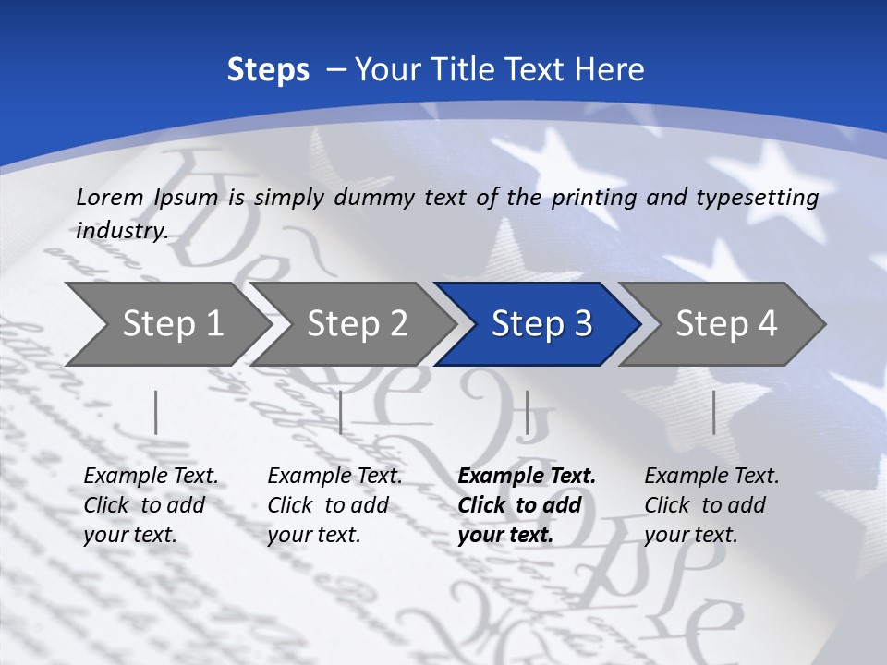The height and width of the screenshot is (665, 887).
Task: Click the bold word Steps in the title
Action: (268, 70)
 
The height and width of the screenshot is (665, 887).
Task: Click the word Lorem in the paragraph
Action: (110, 198)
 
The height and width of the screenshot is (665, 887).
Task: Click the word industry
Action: (122, 231)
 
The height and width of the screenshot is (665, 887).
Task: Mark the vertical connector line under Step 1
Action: (156, 412)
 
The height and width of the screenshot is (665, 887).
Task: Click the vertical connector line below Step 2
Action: (341, 412)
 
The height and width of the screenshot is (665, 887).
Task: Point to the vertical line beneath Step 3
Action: (527, 412)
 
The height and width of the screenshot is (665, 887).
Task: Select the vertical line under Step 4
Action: (713, 412)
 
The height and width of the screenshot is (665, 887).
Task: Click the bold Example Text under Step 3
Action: (527, 477)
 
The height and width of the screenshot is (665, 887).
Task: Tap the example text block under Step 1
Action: (151, 505)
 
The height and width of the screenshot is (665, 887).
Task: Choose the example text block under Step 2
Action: (334, 505)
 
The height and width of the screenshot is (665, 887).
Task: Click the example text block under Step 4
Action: (711, 505)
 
